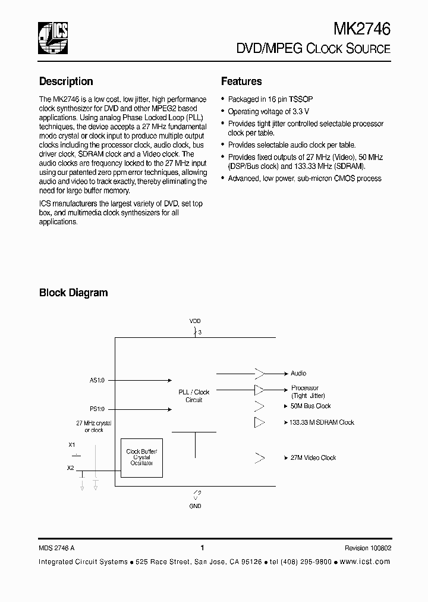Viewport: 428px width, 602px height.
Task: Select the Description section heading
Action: (x=66, y=81)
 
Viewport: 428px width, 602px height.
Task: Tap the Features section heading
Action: (x=241, y=81)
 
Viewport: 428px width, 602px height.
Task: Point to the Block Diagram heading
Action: (x=73, y=293)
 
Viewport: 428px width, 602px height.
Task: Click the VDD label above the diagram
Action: (x=195, y=321)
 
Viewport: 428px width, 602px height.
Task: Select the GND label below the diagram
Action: (x=195, y=506)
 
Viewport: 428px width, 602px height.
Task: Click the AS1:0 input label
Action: (x=96, y=380)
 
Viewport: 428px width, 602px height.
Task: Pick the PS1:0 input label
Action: (x=96, y=409)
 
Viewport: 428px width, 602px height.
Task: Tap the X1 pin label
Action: (x=72, y=444)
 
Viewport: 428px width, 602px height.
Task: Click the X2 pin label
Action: (x=71, y=468)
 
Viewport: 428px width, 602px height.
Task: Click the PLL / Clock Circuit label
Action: (x=194, y=396)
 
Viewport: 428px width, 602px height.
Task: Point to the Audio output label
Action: (x=298, y=374)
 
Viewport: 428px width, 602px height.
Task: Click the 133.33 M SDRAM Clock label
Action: (x=322, y=422)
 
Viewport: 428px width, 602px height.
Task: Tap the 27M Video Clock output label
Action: (x=313, y=458)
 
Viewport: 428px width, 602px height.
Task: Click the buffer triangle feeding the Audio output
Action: (x=260, y=374)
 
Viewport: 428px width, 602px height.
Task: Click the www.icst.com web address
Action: (x=366, y=562)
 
